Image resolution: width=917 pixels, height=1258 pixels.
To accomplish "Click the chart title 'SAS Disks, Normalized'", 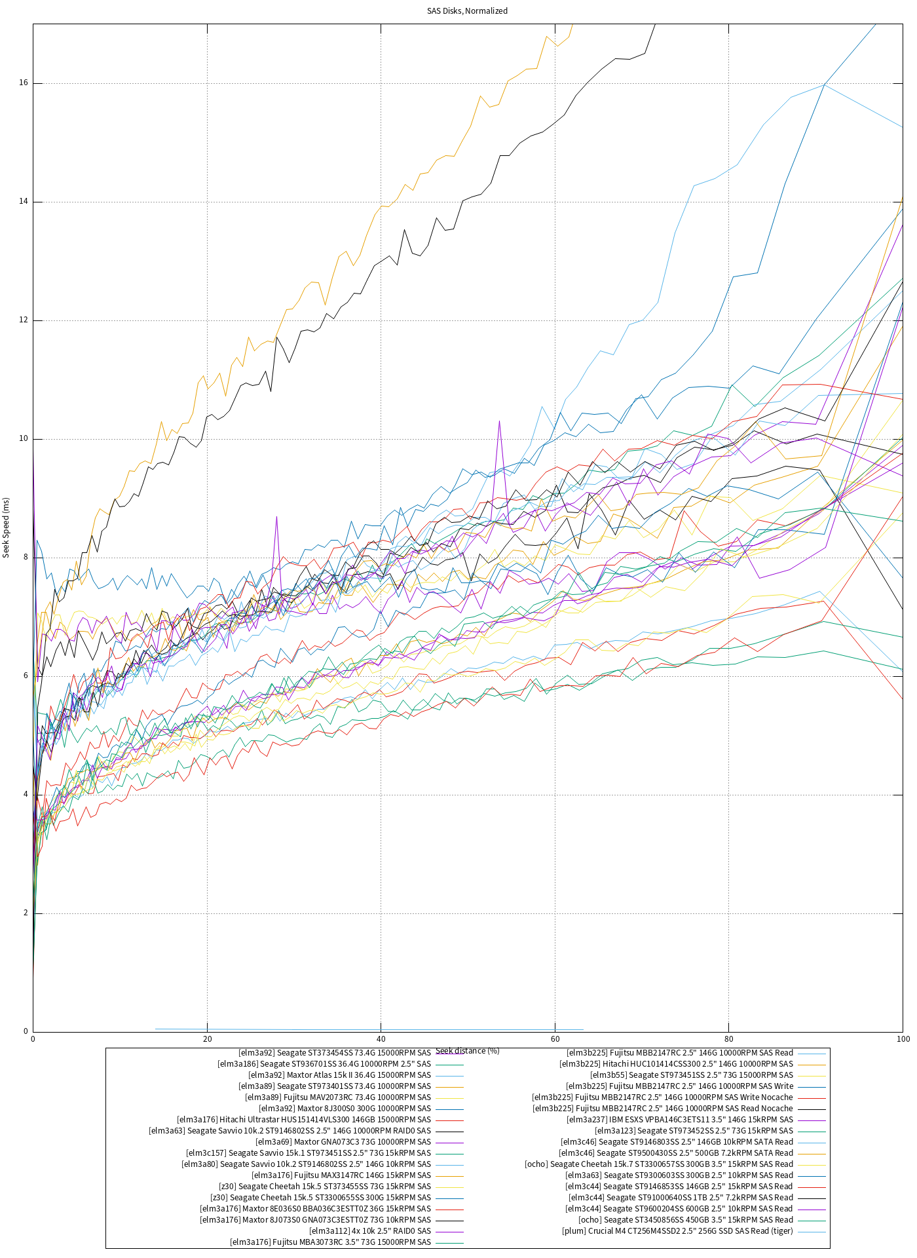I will coord(467,10).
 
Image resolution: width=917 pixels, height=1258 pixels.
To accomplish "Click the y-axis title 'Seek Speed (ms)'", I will coord(7,527).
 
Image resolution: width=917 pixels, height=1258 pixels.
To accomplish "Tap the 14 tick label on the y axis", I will coord(24,202).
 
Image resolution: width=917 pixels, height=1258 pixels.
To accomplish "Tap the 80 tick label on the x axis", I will coord(728,1039).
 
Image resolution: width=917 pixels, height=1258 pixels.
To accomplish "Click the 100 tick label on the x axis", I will coord(903,1039).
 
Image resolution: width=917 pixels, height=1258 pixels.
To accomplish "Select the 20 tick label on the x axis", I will coord(207,1039).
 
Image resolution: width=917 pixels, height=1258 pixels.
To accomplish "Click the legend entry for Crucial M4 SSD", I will coord(677,1231).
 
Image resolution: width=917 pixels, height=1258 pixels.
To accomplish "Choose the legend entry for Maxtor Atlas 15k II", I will coord(339,1075).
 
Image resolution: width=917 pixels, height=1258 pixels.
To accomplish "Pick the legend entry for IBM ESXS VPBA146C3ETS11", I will coord(679,1120).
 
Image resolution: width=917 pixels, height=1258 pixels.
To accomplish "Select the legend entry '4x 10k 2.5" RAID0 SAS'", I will coord(370,1231).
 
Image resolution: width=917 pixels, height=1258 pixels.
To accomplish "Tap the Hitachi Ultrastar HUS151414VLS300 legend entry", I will coord(304,1120).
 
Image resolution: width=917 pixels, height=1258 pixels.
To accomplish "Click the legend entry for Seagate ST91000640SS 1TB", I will coord(681,1198).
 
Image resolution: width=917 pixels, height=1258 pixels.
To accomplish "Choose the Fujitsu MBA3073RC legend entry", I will coord(330,1242).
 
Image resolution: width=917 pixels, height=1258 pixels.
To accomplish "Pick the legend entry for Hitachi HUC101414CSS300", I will coord(676,1064).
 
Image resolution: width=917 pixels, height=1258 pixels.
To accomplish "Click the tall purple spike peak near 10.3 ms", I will coord(499,421).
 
